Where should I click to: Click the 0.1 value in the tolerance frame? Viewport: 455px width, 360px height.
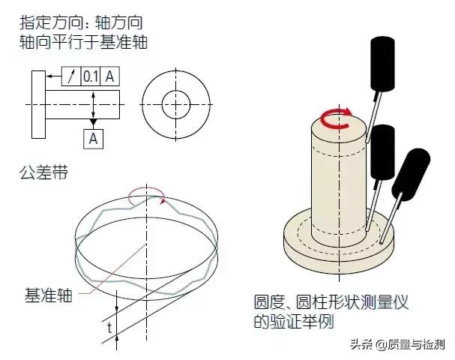[90, 76]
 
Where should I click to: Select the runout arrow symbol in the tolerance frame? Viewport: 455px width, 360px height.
[71, 76]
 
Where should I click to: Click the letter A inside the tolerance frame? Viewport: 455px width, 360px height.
[109, 76]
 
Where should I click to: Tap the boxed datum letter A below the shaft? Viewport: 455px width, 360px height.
[93, 139]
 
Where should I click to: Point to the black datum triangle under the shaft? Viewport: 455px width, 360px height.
[93, 122]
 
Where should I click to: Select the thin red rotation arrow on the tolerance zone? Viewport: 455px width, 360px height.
[146, 190]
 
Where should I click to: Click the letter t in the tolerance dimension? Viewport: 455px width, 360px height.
[109, 328]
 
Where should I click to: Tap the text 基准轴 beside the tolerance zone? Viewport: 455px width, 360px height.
[49, 295]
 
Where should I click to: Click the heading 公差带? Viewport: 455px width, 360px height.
[43, 172]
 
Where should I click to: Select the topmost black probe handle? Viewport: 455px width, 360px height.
[383, 64]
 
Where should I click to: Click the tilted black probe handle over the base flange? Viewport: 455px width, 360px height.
[411, 175]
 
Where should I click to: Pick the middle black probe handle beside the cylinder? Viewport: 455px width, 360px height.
[383, 152]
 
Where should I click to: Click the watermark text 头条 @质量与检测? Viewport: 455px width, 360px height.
[397, 344]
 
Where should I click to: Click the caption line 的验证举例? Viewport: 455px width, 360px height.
[294, 321]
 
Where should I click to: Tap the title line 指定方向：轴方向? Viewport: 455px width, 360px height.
[81, 22]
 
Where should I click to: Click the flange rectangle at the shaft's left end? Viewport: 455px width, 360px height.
[38, 104]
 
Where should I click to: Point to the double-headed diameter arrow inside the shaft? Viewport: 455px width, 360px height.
[93, 104]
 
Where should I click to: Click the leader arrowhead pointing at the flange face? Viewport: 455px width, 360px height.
[49, 76]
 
